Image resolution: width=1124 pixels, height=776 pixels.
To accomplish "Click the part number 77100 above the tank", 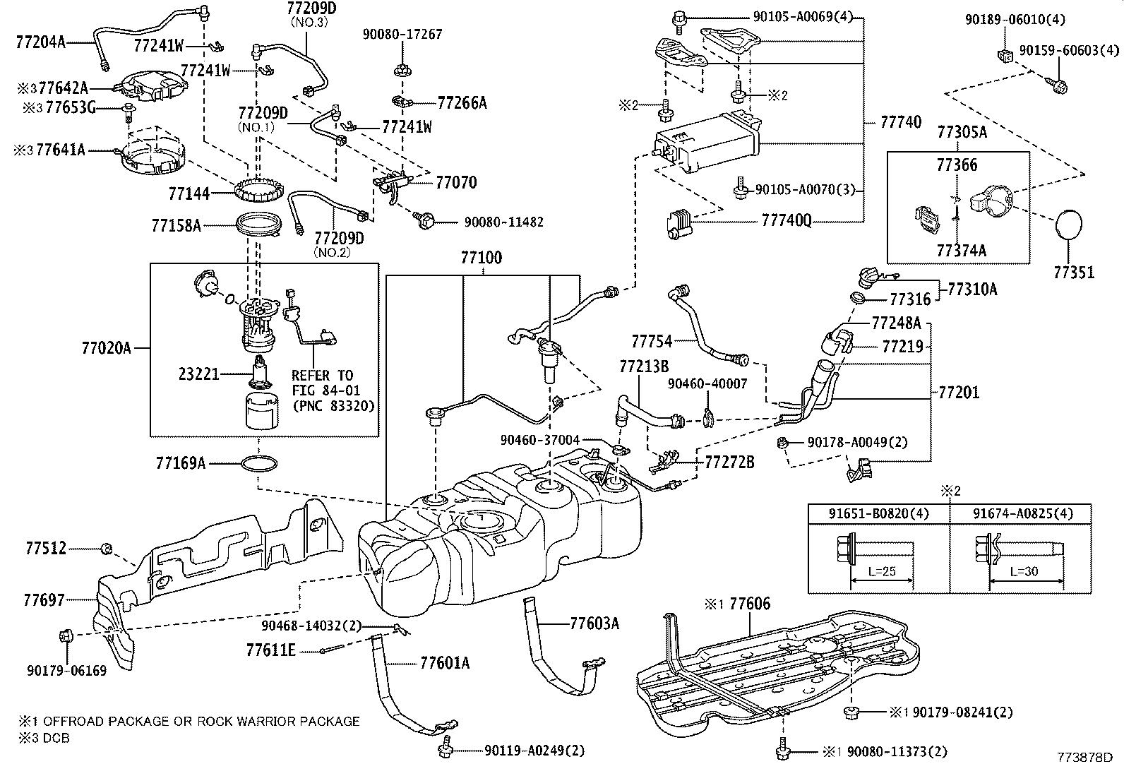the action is [x=482, y=258].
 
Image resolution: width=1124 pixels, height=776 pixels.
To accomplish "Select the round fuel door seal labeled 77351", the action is [x=1069, y=227].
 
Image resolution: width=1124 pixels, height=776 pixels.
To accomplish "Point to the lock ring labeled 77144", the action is [x=259, y=191].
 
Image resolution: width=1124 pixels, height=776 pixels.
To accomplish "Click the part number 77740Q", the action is [x=787, y=220].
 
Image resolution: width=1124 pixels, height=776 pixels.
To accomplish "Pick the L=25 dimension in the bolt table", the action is [x=882, y=571].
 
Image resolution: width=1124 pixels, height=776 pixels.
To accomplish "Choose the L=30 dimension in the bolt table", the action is [x=1024, y=571].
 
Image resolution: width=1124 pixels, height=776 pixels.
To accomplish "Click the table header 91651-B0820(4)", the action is [x=878, y=513].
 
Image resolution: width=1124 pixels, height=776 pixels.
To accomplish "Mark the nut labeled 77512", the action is [x=107, y=549].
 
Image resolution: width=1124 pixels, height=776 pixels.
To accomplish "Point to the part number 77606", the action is [x=750, y=603].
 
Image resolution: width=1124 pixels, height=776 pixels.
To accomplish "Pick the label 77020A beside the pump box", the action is [x=106, y=348].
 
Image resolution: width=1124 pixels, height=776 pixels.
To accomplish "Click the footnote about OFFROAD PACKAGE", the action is [x=189, y=722].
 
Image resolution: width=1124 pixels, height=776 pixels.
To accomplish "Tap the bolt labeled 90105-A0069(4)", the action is [x=678, y=20].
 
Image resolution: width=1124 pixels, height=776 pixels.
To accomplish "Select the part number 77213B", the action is [x=644, y=366].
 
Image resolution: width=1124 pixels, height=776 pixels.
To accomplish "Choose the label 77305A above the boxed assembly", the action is [x=962, y=132].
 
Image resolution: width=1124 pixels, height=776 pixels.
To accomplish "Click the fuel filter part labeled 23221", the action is [x=261, y=372].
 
